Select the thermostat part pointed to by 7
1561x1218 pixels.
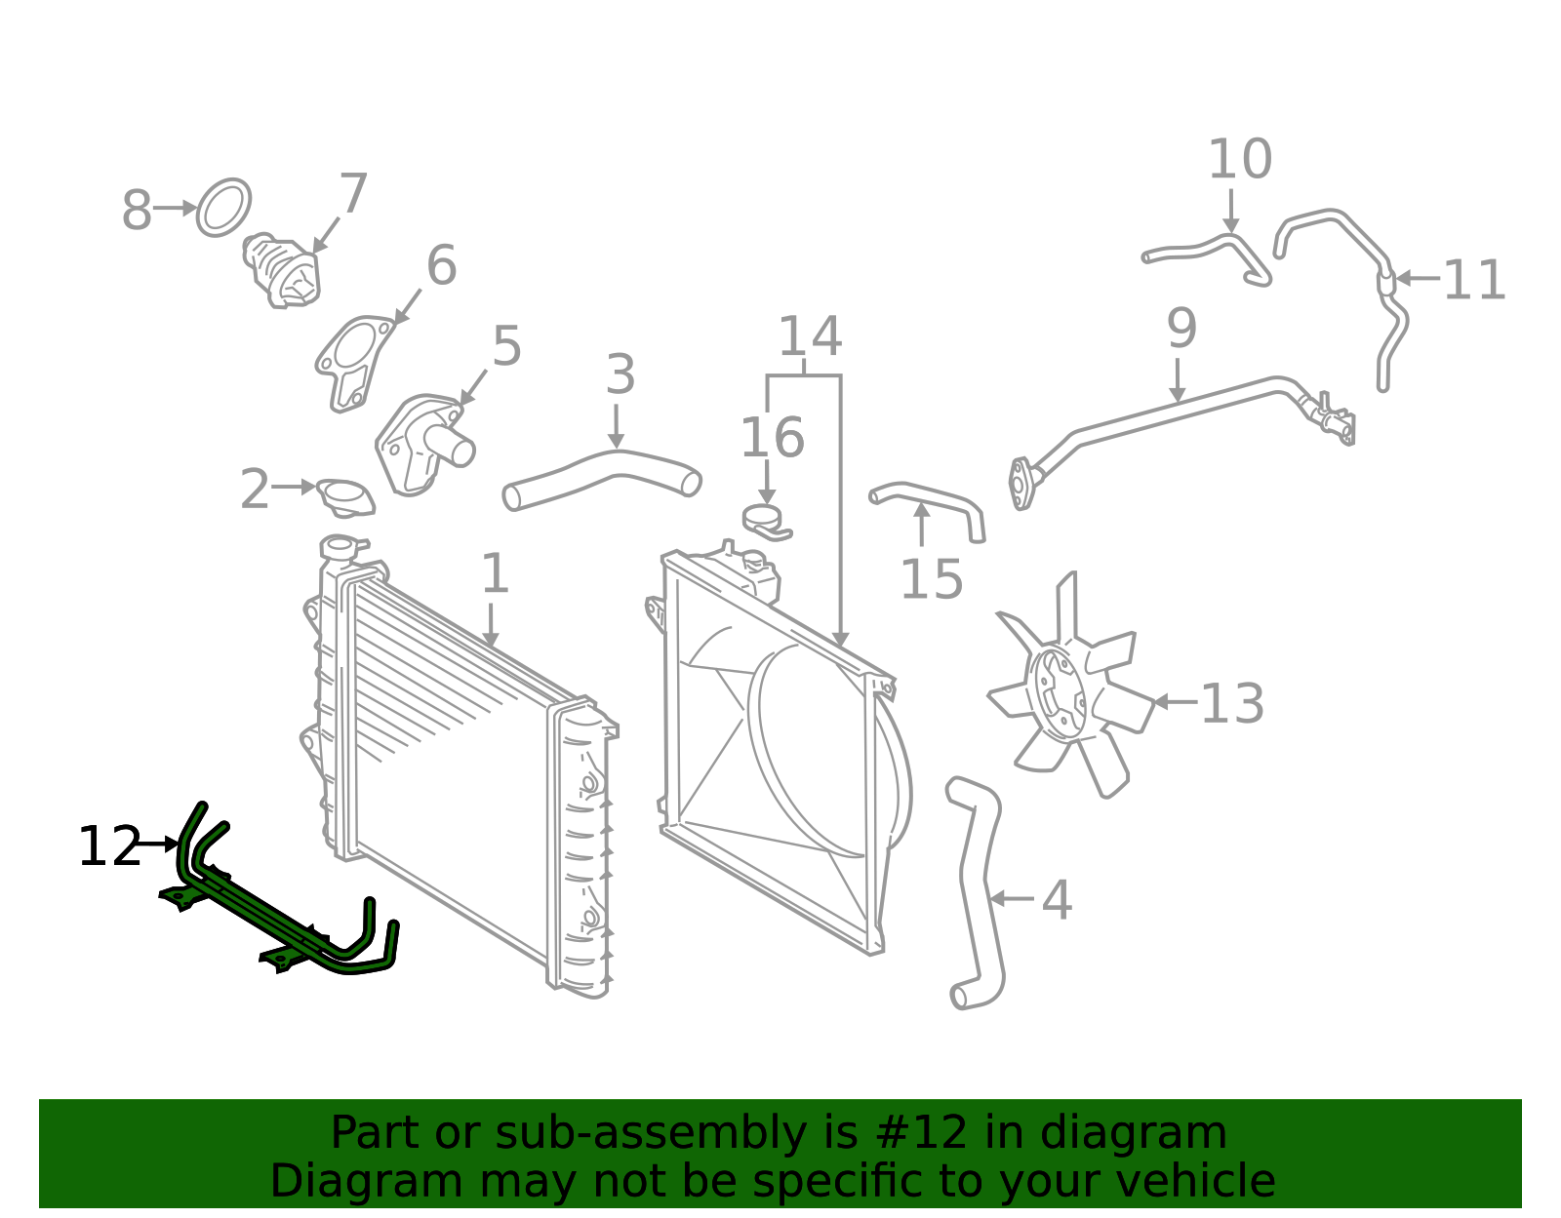(x=282, y=270)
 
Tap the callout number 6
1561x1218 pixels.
(x=441, y=265)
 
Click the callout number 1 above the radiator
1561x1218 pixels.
(x=495, y=573)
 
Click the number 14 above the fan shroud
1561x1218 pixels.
(x=810, y=335)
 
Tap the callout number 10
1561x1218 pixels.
(x=1240, y=159)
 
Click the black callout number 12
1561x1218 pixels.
(x=109, y=846)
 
